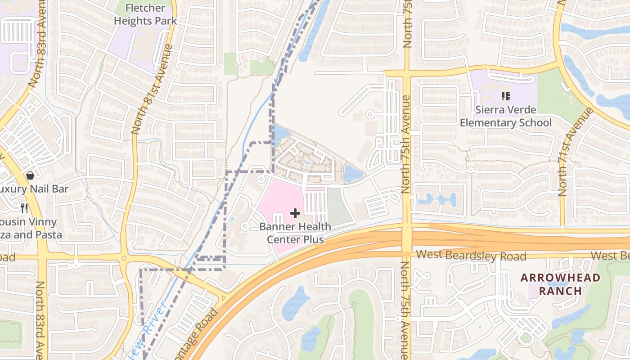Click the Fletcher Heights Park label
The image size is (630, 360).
click(x=145, y=14)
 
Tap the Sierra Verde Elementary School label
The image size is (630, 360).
click(x=506, y=116)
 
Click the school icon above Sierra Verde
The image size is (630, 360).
click(x=505, y=96)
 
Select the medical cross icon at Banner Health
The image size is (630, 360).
click(x=295, y=213)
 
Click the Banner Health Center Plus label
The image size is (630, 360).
click(x=295, y=233)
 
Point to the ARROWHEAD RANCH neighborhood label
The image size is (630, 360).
click(x=560, y=284)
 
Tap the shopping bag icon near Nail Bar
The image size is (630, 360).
click(x=30, y=175)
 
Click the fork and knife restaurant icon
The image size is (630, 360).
click(x=24, y=208)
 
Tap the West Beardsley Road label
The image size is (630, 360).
click(x=471, y=256)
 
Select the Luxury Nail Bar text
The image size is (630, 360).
click(x=34, y=189)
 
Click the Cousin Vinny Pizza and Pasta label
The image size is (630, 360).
click(x=29, y=228)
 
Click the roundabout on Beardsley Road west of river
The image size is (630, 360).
click(x=123, y=258)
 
